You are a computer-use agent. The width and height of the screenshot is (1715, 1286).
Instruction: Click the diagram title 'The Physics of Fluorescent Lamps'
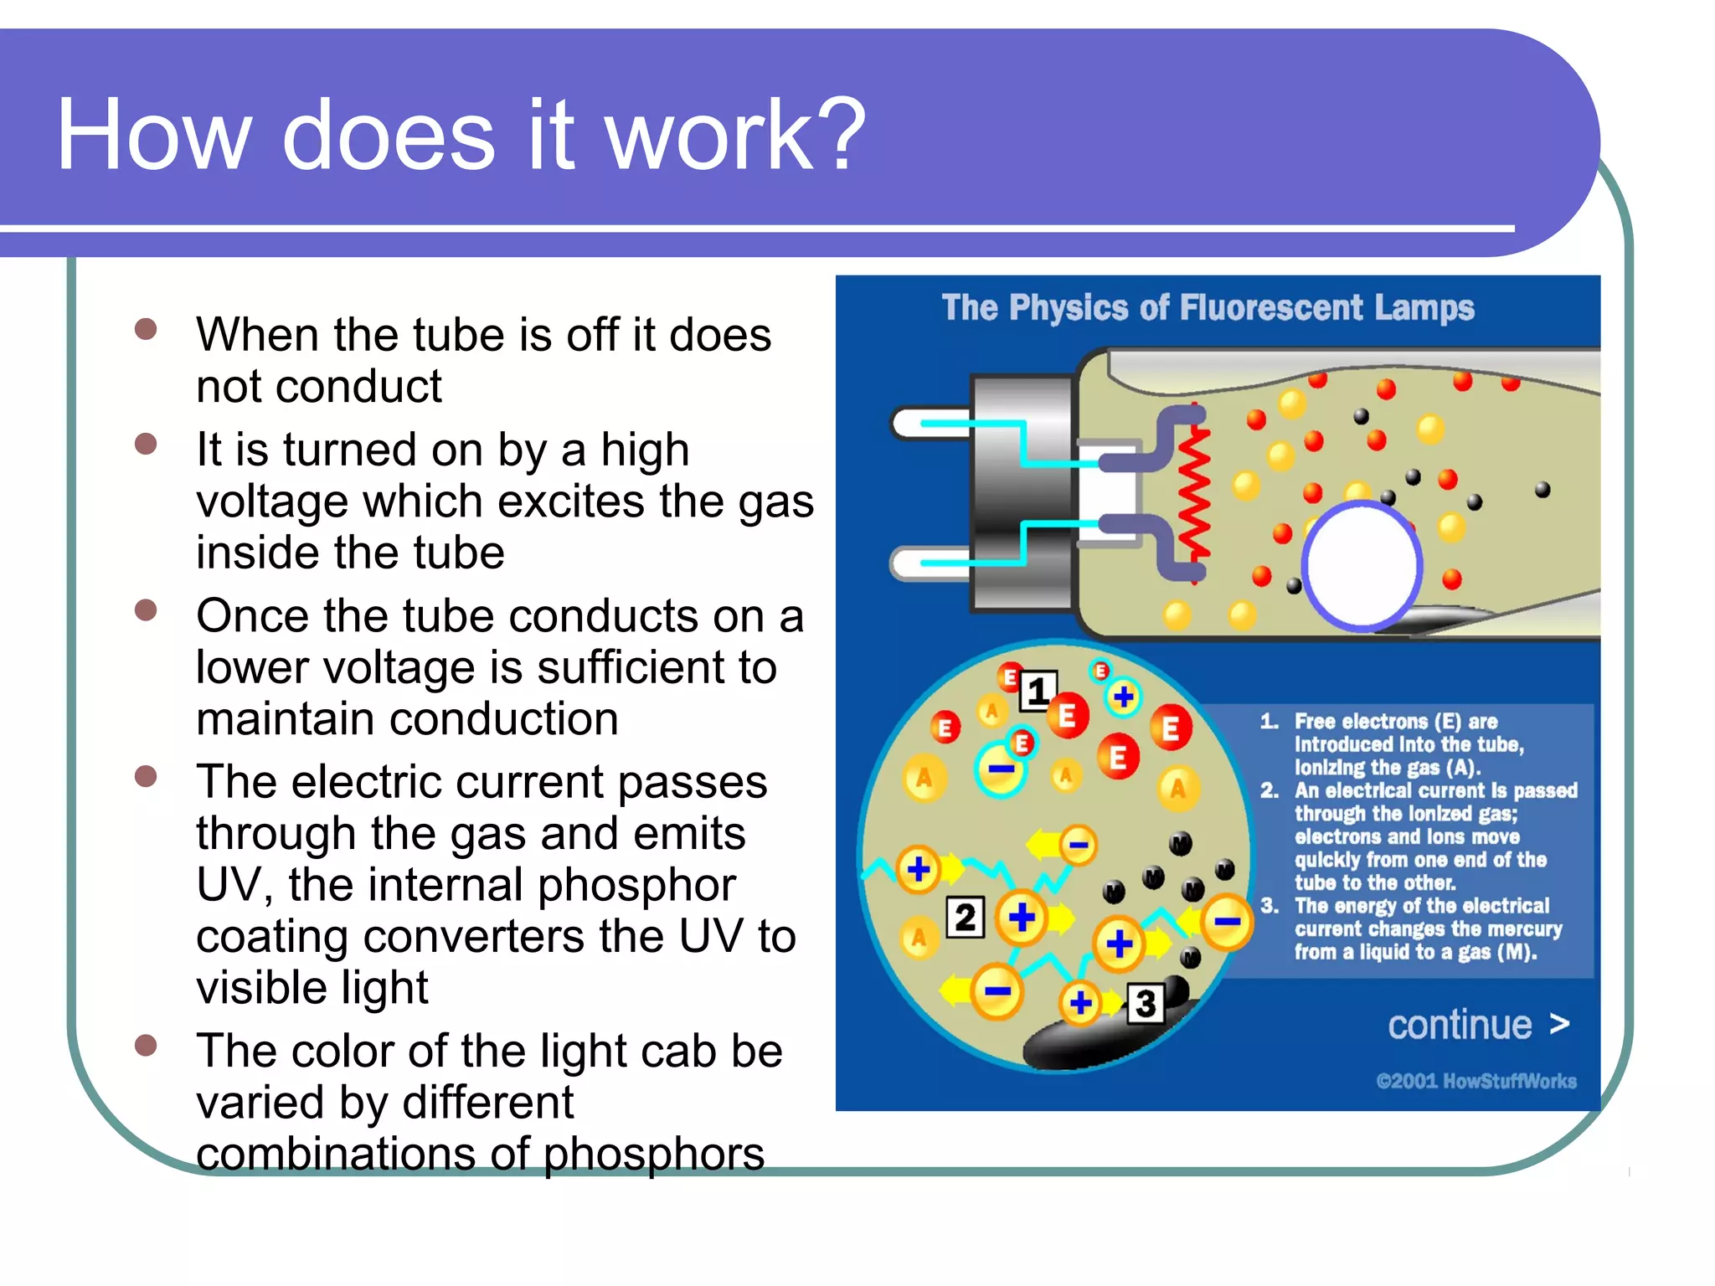tap(1207, 308)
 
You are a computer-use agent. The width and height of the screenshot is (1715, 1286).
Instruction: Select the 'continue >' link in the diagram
tap(1478, 1025)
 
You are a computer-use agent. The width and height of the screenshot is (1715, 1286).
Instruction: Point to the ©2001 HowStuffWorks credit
tap(1476, 1081)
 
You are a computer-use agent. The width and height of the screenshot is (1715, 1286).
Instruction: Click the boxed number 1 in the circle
tap(1038, 692)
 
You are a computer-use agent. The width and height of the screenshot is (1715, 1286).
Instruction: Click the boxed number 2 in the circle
tap(965, 918)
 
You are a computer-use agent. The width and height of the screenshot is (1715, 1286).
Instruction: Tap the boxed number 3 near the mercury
tap(1146, 1003)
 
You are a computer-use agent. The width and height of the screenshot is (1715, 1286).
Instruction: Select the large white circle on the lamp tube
tap(1362, 566)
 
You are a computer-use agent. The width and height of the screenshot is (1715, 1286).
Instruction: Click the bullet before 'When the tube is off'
tap(146, 328)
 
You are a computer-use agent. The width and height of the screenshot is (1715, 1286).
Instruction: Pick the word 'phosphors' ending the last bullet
tap(653, 1154)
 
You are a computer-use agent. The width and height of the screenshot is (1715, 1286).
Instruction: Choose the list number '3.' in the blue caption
tap(1270, 906)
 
